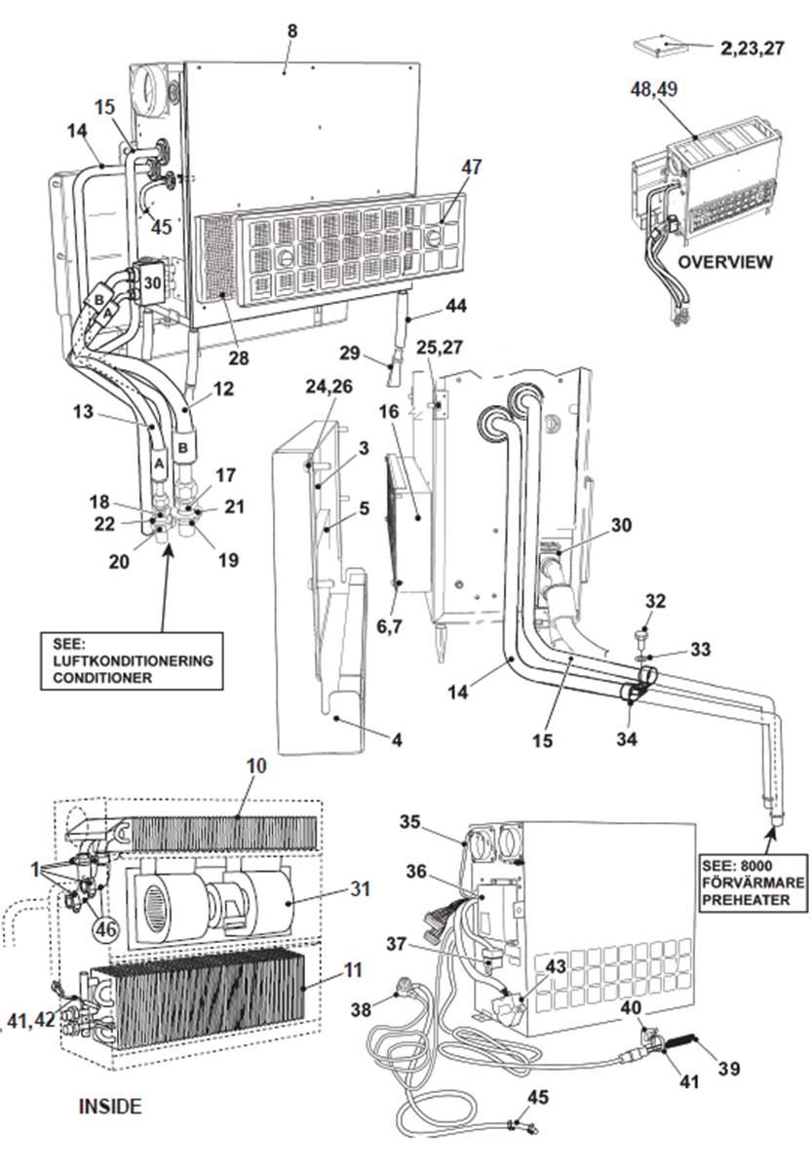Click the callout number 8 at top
[292, 31]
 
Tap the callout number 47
[472, 168]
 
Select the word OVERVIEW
[725, 262]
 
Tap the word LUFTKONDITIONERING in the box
[127, 660]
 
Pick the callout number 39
[727, 1070]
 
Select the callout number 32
[655, 601]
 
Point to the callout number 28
[238, 358]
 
